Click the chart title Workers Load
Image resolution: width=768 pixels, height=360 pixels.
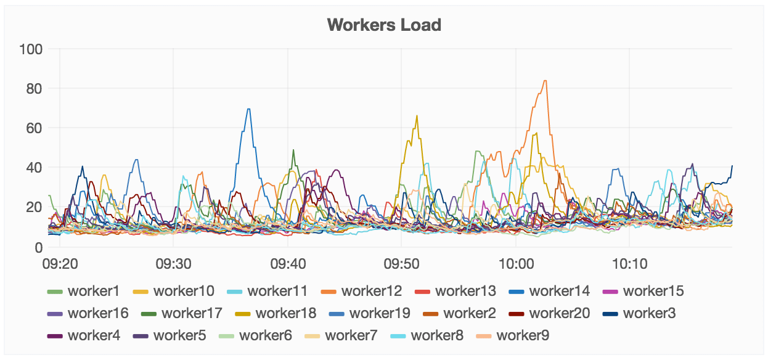[x=384, y=25]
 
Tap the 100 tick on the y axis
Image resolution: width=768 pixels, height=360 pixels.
[x=30, y=49]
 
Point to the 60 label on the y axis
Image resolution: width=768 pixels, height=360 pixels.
[x=34, y=128]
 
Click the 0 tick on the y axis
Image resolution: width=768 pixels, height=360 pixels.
[x=38, y=247]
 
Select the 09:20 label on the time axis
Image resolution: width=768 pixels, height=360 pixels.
[x=60, y=264]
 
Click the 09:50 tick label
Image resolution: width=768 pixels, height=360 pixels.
[x=401, y=264]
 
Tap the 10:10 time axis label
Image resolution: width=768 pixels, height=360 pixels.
[x=629, y=264]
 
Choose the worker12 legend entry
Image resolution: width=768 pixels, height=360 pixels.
[x=371, y=291]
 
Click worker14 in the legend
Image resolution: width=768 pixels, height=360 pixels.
[x=559, y=291]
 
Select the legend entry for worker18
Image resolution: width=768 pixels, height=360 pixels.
[x=285, y=313]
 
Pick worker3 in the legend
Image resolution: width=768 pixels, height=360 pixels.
[x=649, y=313]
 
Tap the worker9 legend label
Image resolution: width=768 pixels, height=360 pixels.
[x=523, y=335]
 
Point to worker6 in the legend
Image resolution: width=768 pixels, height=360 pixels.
[x=266, y=335]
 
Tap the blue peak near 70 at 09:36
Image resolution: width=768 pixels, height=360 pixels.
[x=248, y=109]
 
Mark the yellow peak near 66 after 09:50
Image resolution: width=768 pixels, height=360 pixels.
[x=417, y=116]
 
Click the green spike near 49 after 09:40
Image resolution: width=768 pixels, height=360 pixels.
[x=293, y=150]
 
